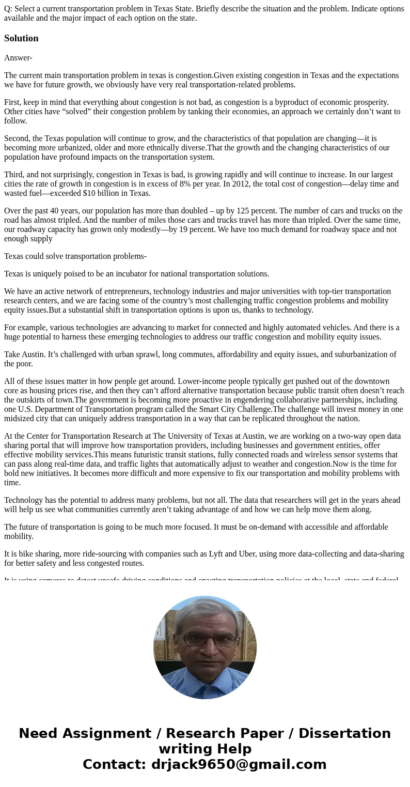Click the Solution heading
pyautogui.click(x=21, y=38)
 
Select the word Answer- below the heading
pyautogui.click(x=18, y=58)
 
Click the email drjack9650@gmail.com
pyautogui.click(x=239, y=764)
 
